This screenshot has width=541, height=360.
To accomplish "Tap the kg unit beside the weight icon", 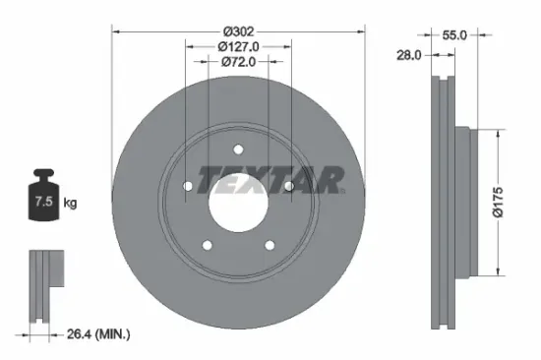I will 70,204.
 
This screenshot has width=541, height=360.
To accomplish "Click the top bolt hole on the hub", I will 237,150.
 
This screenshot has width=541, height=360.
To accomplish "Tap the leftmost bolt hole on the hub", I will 188,185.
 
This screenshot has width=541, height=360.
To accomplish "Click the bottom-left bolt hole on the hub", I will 207,244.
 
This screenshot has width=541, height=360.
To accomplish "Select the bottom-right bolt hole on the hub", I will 269,244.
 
